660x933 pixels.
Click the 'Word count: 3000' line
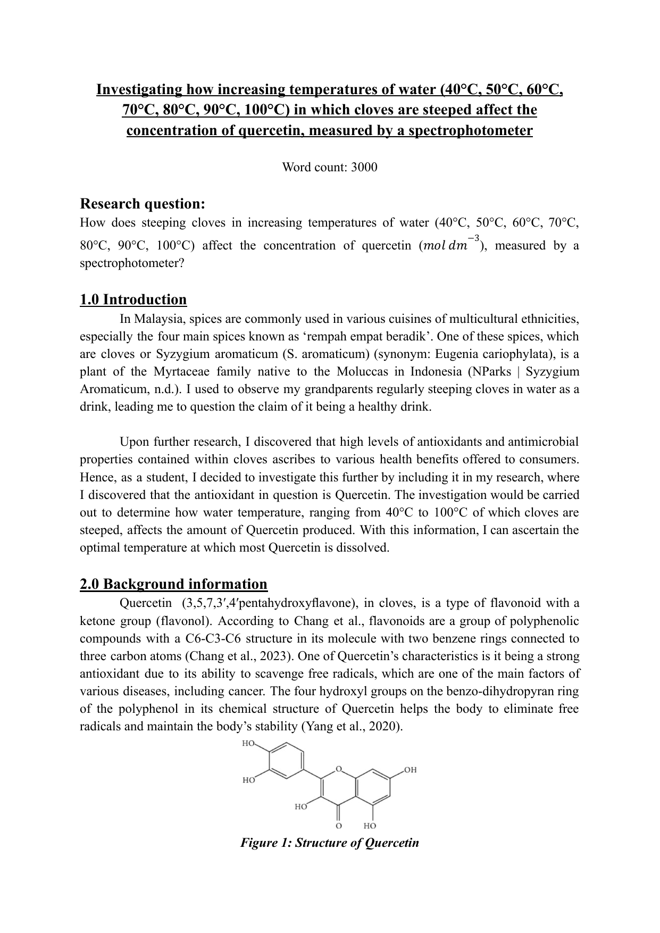(329, 168)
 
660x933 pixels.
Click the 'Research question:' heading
(142, 204)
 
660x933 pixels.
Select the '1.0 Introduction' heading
(133, 299)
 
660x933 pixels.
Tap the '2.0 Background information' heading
(173, 584)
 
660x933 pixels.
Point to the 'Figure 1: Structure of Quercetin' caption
(330, 843)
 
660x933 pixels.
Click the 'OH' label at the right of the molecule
(410, 770)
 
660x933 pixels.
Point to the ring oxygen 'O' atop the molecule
(339, 769)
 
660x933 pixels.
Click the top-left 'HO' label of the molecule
(249, 744)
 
